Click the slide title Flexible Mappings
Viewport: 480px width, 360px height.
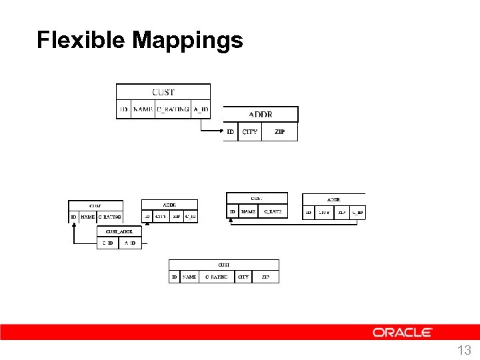(139, 40)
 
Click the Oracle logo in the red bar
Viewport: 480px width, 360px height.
(402, 332)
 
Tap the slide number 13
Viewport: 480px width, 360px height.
(464, 351)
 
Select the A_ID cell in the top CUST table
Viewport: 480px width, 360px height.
(201, 110)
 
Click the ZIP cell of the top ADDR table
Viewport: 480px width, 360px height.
(279, 132)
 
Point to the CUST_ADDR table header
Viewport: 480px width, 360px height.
(119, 231)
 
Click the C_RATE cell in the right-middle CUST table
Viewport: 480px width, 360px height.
(272, 212)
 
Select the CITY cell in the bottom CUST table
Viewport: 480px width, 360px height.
(243, 277)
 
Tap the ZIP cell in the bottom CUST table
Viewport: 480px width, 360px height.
(265, 277)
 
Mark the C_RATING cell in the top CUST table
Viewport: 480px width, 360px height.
(173, 110)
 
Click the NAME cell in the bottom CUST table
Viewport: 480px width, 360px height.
(189, 277)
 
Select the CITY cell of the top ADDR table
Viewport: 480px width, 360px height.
(250, 132)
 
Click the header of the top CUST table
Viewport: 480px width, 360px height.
(163, 93)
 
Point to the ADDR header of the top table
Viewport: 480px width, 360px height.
(261, 115)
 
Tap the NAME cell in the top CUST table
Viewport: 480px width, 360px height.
(143, 110)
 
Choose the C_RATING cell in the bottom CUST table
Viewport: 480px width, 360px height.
(216, 277)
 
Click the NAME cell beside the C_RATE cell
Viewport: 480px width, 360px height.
(248, 212)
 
